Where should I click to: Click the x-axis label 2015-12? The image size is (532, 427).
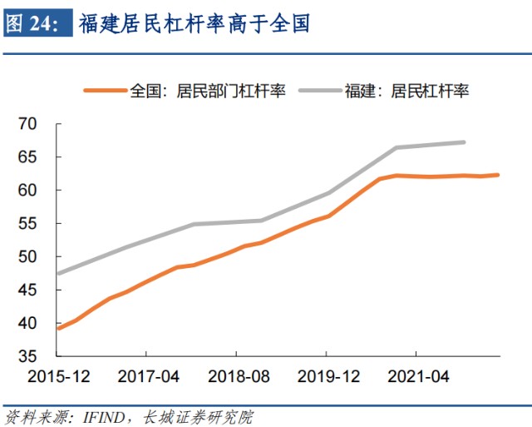tap(58, 377)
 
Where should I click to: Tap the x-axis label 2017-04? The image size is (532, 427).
tap(149, 377)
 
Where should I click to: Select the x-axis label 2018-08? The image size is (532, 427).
tap(239, 377)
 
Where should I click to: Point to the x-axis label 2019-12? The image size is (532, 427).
tap(329, 377)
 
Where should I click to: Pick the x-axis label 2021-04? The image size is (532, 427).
tap(420, 377)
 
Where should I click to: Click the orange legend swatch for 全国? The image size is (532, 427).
tap(104, 91)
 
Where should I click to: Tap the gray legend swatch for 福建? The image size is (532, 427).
tap(317, 91)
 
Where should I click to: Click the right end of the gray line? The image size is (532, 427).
tap(463, 142)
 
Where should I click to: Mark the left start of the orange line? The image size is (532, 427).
tap(57, 329)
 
